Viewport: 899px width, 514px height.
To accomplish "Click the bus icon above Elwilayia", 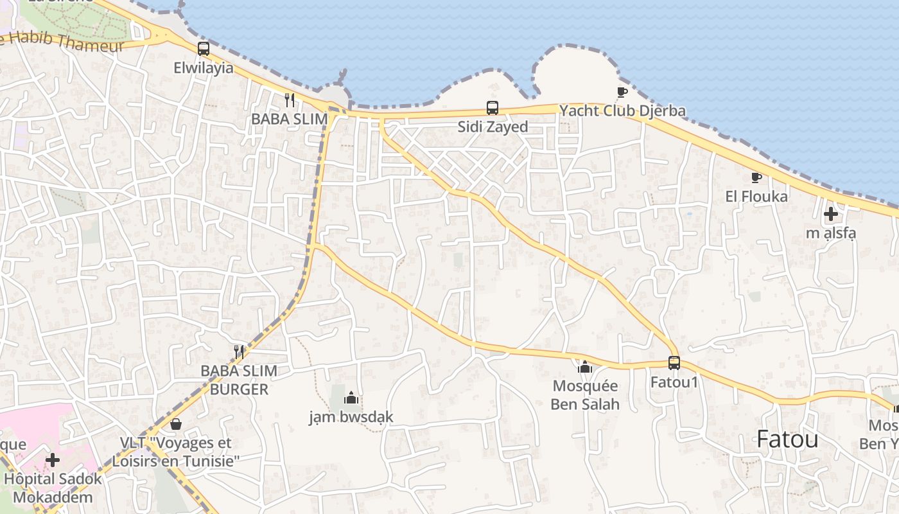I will point(204,48).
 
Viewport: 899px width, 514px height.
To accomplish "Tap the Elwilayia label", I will point(204,67).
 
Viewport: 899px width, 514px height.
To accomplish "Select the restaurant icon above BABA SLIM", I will point(290,100).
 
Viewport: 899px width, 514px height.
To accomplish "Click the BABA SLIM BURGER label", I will point(239,380).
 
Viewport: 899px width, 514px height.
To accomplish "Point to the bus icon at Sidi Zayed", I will point(493,108).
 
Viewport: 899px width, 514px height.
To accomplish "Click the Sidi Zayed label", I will point(493,127).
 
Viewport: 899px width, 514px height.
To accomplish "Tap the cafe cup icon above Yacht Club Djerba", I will point(622,92).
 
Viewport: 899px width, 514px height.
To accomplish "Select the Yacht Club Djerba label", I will point(622,111).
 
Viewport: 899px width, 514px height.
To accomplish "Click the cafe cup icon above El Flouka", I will point(756,177).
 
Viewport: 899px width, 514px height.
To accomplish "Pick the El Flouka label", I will point(756,196).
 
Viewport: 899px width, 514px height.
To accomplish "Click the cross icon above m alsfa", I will point(831,214).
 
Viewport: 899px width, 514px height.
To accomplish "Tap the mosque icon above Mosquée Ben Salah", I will point(585,367).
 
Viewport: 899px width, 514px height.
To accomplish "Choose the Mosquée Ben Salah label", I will point(585,394).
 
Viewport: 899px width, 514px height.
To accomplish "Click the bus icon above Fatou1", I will point(674,363).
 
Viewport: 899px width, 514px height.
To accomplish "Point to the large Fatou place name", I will point(787,439).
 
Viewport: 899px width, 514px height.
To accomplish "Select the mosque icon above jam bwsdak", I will point(351,398).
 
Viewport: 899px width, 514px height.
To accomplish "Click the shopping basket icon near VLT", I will point(176,424).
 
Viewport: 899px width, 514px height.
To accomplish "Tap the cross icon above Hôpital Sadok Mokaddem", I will point(53,460).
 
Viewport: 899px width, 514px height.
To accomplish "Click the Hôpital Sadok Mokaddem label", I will point(53,488).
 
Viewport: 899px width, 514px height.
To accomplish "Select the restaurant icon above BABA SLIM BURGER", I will point(239,351).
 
